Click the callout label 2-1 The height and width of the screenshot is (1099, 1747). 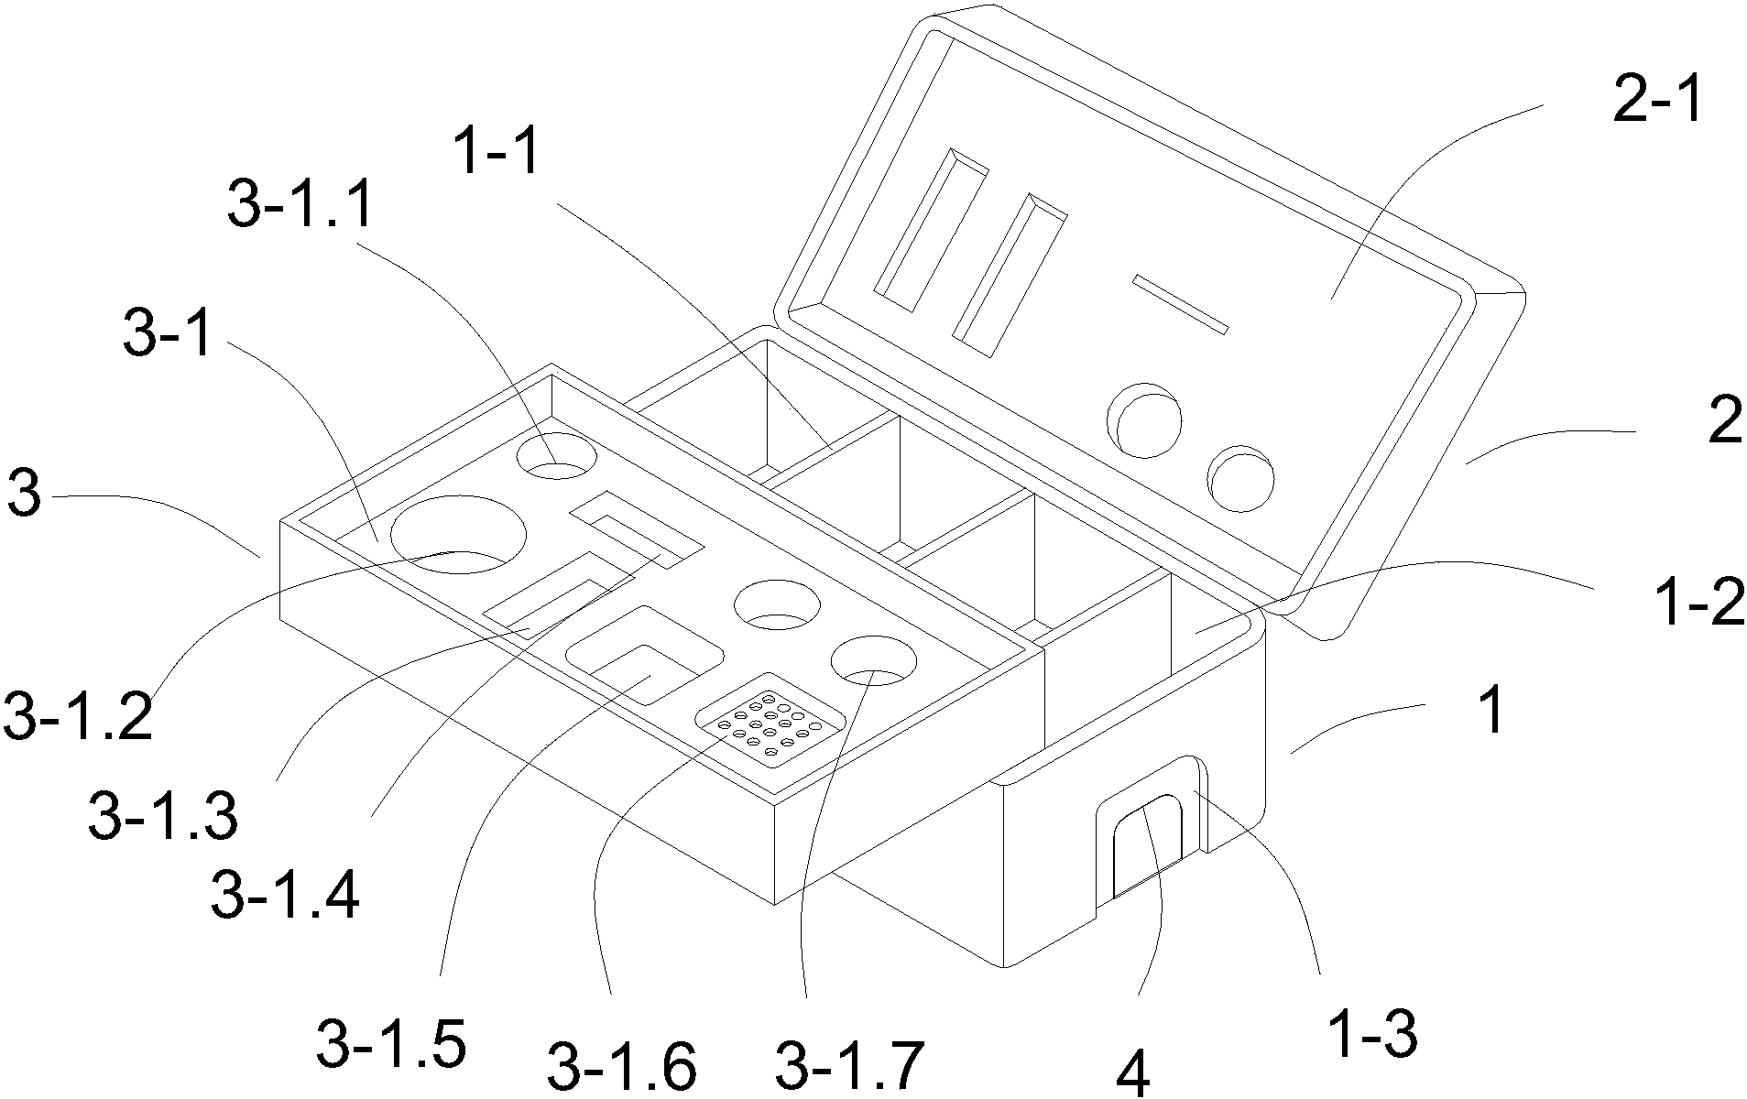(x=1656, y=101)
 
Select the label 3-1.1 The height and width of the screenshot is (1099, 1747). (x=301, y=203)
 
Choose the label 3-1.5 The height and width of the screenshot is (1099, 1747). (x=391, y=1044)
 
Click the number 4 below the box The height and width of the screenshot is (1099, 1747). (x=1134, y=1079)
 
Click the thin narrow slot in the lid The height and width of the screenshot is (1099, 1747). (x=1180, y=303)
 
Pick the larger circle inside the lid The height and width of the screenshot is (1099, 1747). (x=1144, y=419)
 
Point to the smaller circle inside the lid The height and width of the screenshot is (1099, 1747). (x=1240, y=479)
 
